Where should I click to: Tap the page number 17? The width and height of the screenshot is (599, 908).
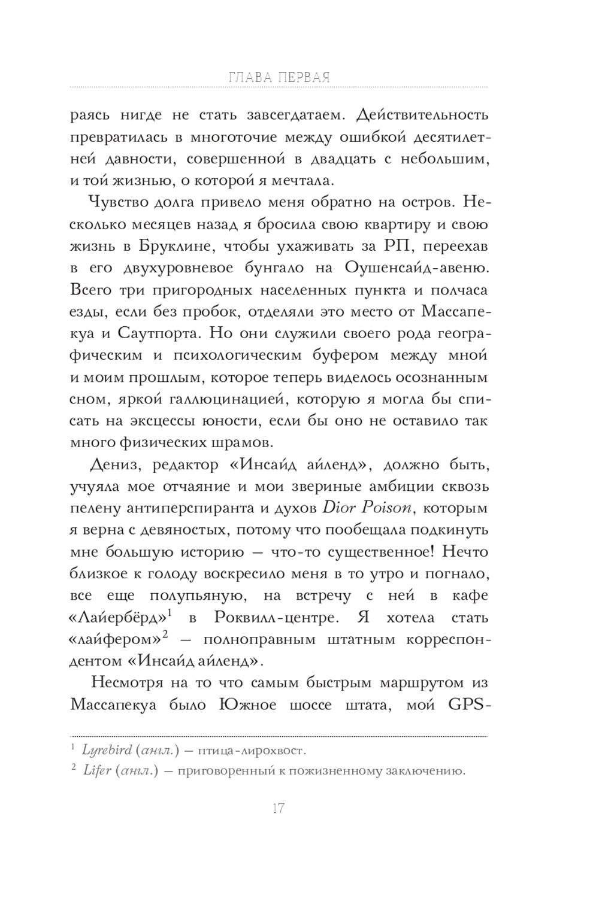tap(278, 809)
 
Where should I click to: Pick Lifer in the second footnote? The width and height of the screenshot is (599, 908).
tap(96, 770)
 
